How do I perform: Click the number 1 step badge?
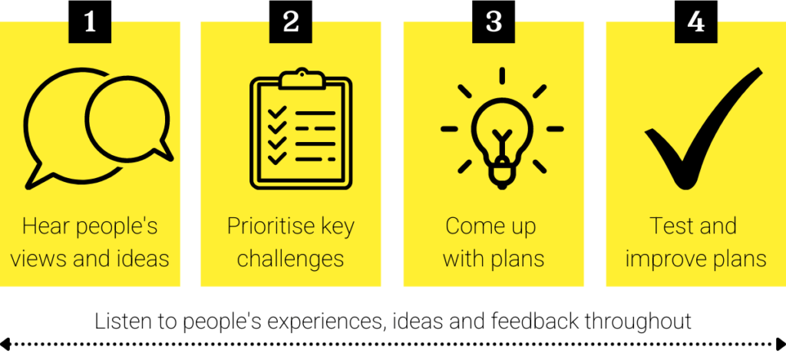(91, 21)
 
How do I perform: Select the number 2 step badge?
(291, 21)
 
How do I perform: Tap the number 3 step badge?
(494, 21)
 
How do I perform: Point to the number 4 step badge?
(695, 21)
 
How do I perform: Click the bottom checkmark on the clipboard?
(276, 159)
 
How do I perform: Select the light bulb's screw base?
(501, 174)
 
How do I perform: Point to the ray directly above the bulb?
(502, 75)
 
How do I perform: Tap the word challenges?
(291, 259)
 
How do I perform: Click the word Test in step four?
(669, 226)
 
